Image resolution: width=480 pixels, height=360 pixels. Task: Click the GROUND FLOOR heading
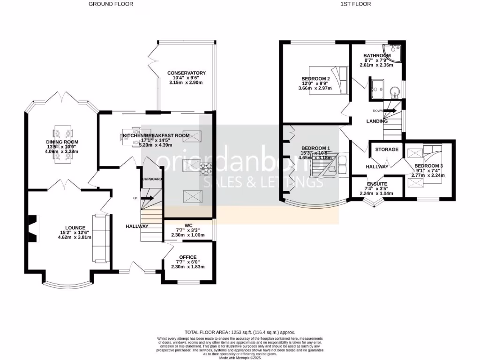(x=111, y=4)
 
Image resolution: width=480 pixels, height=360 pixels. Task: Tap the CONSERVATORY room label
(x=187, y=73)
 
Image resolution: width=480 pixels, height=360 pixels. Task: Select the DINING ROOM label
(x=62, y=142)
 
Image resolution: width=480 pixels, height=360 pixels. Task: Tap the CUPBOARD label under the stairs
(x=152, y=180)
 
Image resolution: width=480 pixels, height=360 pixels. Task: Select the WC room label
(x=187, y=225)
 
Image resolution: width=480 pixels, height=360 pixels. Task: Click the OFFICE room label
(x=187, y=257)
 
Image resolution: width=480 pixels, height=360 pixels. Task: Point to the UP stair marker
(x=135, y=198)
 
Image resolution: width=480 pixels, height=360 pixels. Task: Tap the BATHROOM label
(x=377, y=56)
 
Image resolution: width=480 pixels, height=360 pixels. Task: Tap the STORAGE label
(x=386, y=150)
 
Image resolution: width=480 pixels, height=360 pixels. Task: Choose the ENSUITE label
(x=376, y=184)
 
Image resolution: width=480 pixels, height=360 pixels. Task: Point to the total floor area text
(x=240, y=332)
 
